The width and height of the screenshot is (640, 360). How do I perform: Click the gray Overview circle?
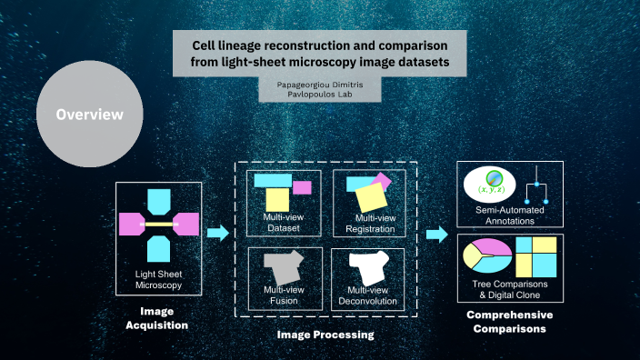click(88, 115)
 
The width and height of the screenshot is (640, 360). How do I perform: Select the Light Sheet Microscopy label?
click(158, 279)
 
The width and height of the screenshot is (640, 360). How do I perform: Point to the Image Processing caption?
click(325, 335)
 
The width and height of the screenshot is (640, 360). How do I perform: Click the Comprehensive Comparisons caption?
click(509, 322)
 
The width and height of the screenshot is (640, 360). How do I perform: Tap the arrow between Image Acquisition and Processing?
click(217, 234)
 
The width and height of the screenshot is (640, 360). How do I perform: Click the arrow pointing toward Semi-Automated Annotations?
click(436, 235)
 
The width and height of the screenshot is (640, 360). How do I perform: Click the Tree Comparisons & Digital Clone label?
click(510, 291)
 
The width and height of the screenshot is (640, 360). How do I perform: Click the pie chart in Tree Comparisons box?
click(486, 257)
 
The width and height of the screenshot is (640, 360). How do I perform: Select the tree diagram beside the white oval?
click(538, 184)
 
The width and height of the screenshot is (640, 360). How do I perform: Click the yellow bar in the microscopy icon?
click(158, 222)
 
